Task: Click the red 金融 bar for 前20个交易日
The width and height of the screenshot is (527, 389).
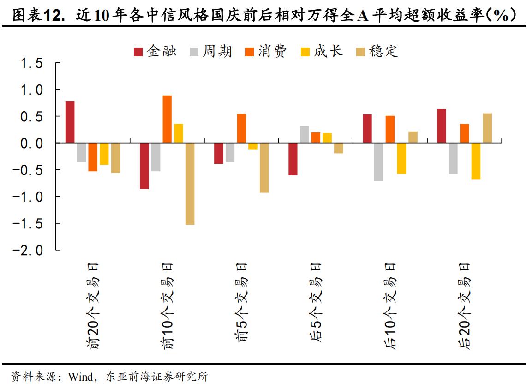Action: [x=70, y=122]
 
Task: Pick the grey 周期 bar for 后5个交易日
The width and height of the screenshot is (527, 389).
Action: [x=304, y=134]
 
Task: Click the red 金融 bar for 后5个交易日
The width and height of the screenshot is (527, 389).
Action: [x=293, y=159]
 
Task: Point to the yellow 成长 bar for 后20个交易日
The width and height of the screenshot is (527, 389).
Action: [x=476, y=161]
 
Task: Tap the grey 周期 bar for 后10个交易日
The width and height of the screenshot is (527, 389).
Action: [x=379, y=162]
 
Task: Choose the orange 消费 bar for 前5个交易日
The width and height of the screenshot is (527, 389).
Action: [x=241, y=128]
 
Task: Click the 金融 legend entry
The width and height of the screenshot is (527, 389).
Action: [x=155, y=51]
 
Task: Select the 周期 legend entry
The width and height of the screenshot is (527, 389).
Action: [x=211, y=51]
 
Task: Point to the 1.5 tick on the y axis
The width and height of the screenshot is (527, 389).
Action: [x=32, y=63]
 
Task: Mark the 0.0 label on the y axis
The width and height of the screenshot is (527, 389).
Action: [x=32, y=143]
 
